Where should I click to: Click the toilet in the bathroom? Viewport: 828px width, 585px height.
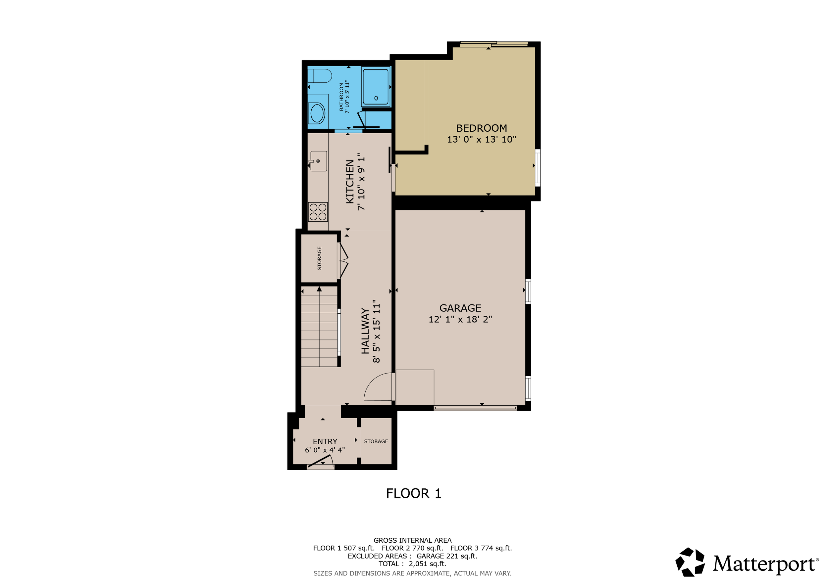[320, 76]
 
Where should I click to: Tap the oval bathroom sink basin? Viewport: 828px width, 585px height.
[317, 113]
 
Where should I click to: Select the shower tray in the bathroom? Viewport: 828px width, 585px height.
[376, 87]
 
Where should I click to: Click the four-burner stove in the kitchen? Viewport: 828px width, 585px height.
[318, 212]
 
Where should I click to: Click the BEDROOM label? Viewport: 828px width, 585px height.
[482, 128]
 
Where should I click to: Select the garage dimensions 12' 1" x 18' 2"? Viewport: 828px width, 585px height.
[460, 320]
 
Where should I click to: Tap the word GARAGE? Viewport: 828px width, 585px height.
[460, 308]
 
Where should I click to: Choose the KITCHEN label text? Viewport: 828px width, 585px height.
[350, 182]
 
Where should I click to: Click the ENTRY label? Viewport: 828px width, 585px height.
[325, 441]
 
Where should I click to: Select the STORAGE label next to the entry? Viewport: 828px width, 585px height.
[376, 441]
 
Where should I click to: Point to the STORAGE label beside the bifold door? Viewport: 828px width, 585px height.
[319, 258]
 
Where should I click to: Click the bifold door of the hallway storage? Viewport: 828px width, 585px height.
[344, 261]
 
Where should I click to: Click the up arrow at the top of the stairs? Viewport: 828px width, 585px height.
[319, 289]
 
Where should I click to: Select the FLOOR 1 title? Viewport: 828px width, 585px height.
[414, 493]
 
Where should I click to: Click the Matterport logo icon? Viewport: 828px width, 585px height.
[690, 562]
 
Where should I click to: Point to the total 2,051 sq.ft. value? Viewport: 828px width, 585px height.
[427, 564]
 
